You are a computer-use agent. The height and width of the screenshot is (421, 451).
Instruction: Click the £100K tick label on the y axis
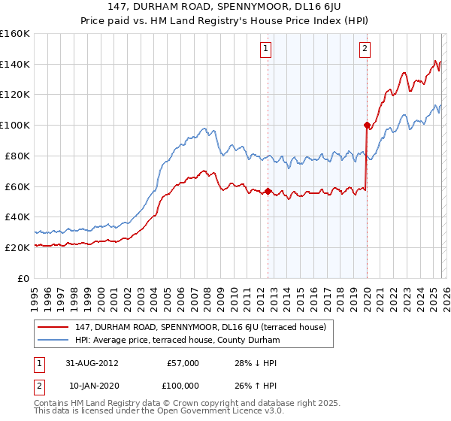[15, 125]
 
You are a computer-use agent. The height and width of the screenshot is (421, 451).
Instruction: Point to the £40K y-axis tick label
[17, 217]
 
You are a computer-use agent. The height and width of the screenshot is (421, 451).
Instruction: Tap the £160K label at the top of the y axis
[15, 34]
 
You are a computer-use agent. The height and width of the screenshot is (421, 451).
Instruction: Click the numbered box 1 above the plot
[267, 50]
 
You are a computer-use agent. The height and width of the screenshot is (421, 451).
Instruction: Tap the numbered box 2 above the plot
[365, 50]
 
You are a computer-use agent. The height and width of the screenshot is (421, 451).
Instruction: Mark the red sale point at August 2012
[268, 191]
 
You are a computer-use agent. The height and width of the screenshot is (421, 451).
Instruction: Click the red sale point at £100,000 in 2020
[366, 125]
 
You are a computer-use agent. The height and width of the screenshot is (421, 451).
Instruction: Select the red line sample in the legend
[54, 327]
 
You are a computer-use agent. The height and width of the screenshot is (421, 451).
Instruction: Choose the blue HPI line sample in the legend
[54, 340]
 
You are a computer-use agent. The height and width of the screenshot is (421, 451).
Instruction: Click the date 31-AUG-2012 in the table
[91, 363]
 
